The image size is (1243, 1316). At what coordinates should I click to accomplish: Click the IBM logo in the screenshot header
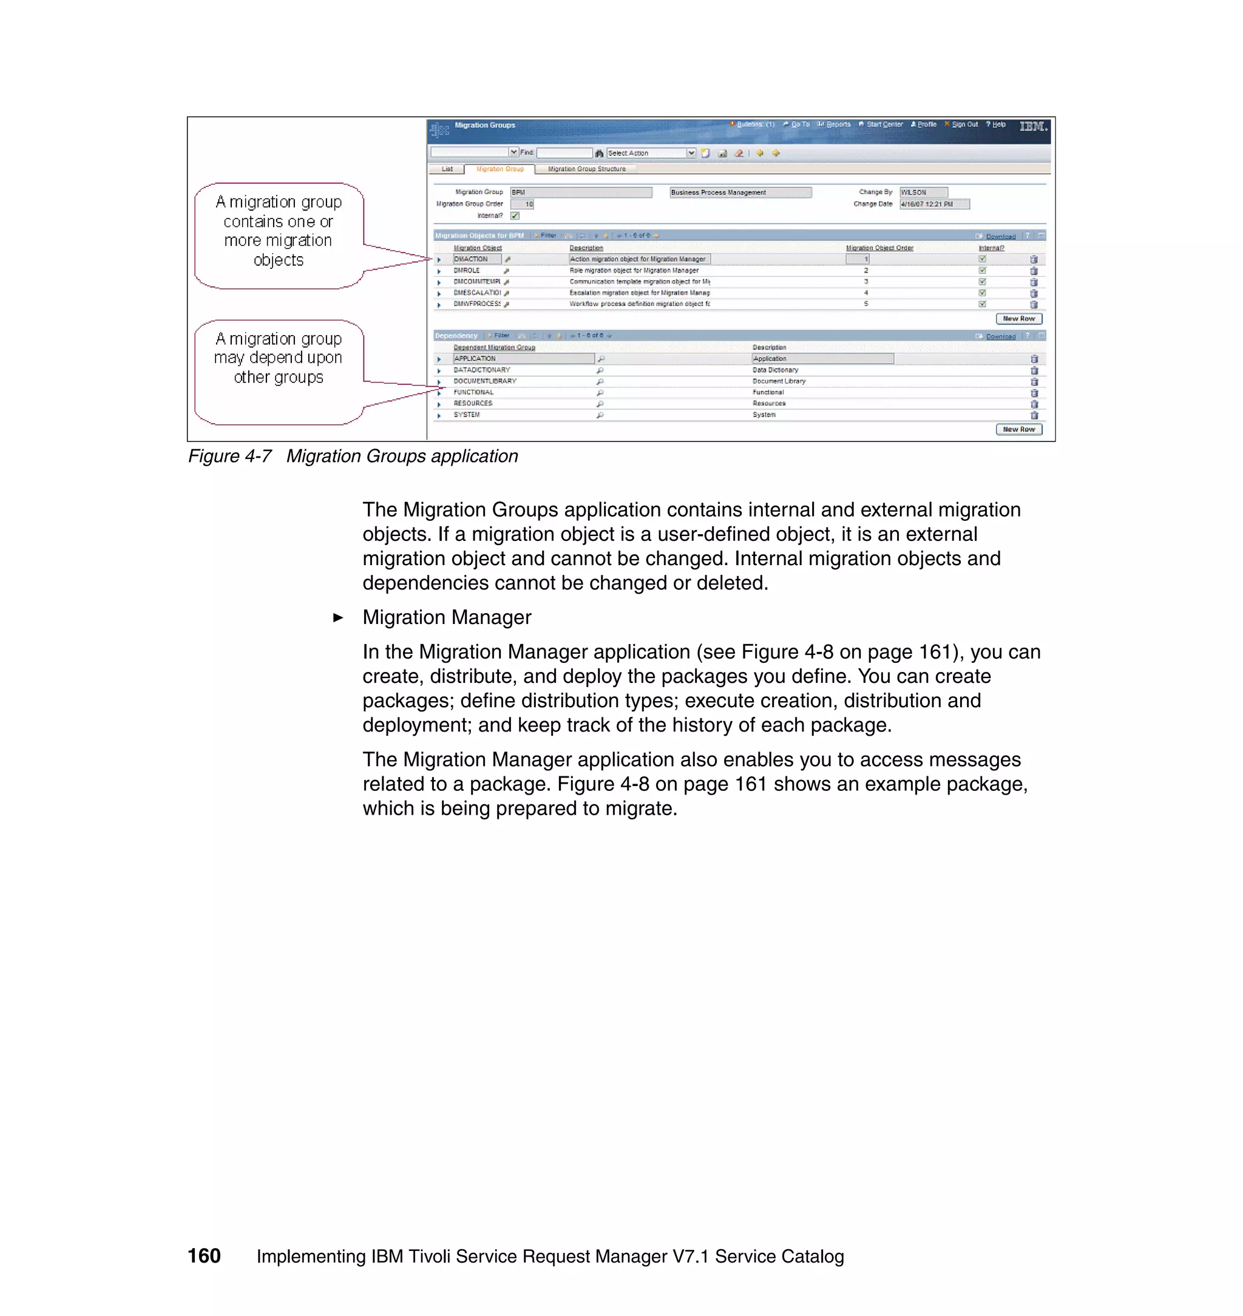coord(1032,126)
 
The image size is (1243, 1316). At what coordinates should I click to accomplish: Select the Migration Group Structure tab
coord(586,169)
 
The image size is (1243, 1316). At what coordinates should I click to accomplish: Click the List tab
coord(447,169)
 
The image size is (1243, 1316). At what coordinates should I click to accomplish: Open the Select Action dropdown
coord(691,153)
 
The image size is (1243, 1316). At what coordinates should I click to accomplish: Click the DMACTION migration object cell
coord(476,259)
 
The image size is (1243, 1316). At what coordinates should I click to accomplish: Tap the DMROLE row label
coord(467,270)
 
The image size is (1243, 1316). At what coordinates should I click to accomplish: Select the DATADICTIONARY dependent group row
coord(482,370)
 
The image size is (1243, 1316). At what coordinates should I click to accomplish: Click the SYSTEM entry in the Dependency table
coord(467,415)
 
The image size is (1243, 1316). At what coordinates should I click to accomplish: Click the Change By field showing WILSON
coord(923,192)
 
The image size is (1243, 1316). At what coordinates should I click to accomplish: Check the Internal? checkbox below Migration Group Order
coord(515,215)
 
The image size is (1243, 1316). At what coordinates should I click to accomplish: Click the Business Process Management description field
coord(739,192)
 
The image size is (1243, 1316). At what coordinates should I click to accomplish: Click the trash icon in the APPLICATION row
coord(1034,359)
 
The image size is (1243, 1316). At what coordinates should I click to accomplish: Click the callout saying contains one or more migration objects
coord(279,231)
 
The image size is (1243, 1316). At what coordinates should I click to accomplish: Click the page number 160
coord(204,1256)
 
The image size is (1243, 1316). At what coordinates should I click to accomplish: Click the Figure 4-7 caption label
coord(230,456)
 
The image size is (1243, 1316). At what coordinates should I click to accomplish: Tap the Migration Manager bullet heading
coord(447,617)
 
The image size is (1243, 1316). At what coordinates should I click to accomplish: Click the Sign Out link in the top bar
coord(964,124)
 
